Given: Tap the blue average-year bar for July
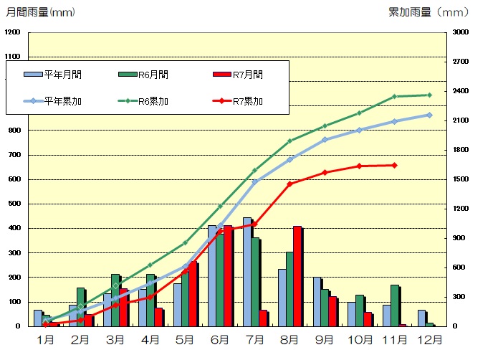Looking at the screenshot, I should [x=247, y=272].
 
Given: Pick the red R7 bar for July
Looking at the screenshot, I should [x=263, y=318].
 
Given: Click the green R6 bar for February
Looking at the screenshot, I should [x=81, y=307].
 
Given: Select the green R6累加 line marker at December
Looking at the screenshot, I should [x=429, y=95].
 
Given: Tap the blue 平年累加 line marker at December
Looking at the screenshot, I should [x=429, y=115].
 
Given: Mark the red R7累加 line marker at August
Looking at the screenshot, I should [x=289, y=184].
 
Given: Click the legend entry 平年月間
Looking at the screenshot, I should [x=54, y=74].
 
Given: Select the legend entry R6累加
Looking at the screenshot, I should [x=143, y=101].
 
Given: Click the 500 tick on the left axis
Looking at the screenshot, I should [x=13, y=204].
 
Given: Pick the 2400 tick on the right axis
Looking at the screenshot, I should [x=459, y=91].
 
